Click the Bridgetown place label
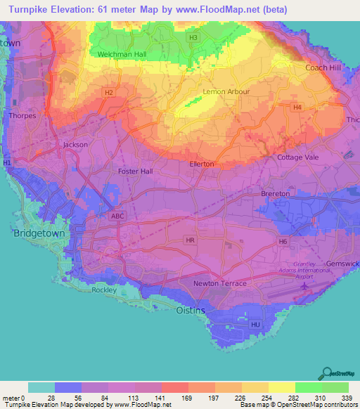(39, 233)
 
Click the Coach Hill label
(323, 67)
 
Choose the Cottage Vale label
(300, 157)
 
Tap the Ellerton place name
(202, 164)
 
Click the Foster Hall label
(136, 171)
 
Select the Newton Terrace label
(220, 283)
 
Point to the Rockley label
(102, 290)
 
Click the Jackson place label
(75, 144)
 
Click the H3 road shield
(193, 37)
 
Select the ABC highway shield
(117, 216)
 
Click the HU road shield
(255, 324)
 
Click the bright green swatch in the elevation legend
(309, 387)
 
